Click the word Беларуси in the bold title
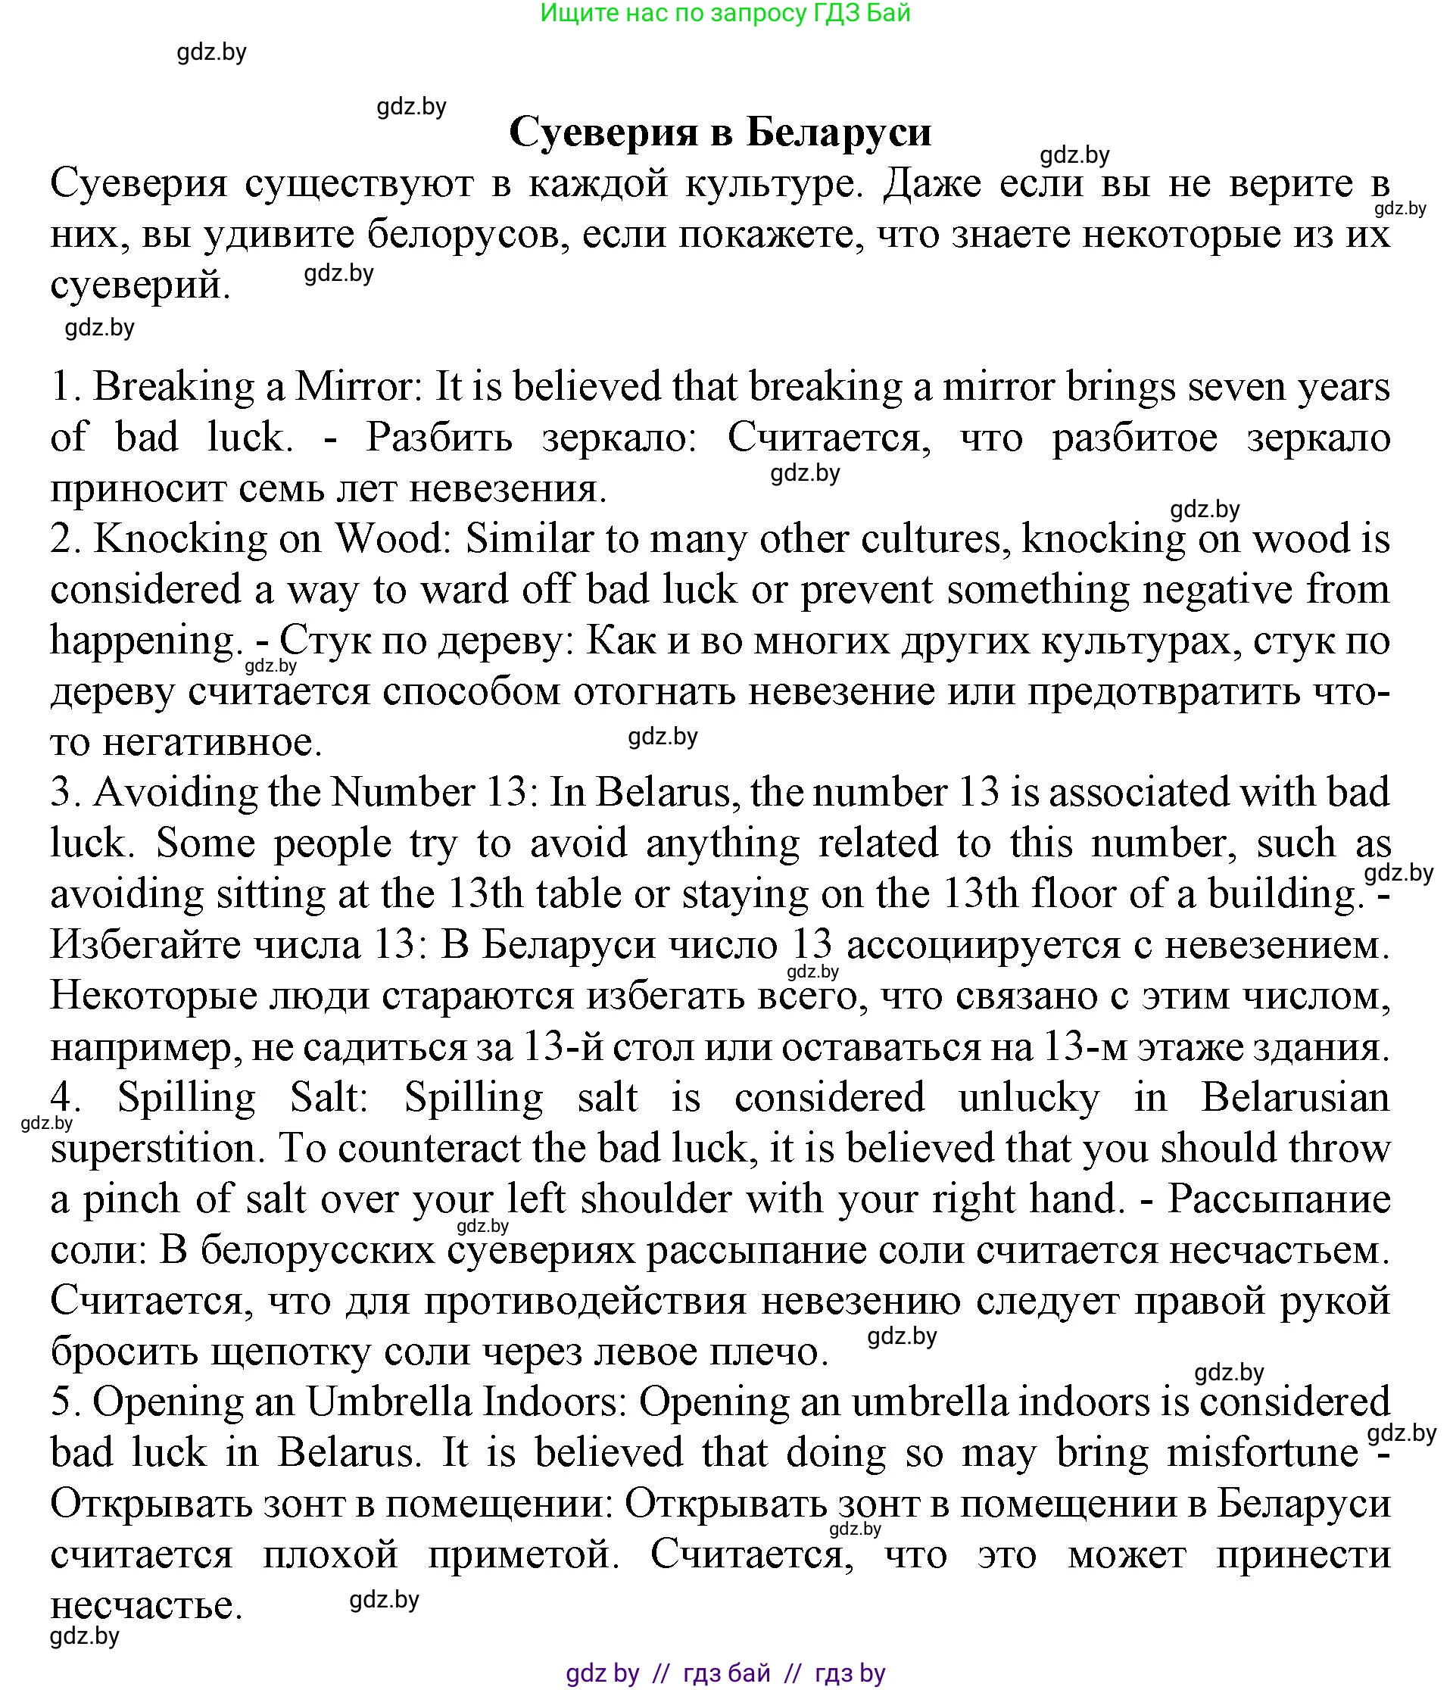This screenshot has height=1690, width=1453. point(839,133)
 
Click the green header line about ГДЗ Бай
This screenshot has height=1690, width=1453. point(725,13)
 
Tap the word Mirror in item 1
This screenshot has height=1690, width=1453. point(357,386)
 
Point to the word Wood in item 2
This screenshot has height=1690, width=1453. point(393,538)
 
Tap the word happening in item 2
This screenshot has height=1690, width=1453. point(143,641)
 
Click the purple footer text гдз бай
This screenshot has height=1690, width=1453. point(726,1673)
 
